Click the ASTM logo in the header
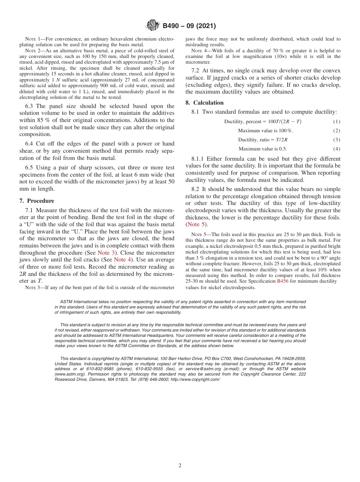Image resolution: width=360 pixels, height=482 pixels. [153, 26]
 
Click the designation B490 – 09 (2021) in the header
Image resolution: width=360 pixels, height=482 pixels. [189, 26]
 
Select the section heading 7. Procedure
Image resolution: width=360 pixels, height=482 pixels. [37, 201]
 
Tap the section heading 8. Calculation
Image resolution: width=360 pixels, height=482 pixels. [205, 103]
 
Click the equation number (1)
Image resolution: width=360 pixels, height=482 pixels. [337, 122]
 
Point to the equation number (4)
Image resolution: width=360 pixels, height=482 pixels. [337, 149]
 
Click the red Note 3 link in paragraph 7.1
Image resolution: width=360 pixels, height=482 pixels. [106, 252]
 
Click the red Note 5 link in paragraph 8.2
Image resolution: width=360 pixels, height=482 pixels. [197, 224]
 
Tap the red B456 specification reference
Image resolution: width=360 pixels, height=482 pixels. [283, 281]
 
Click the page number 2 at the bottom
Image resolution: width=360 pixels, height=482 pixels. [180, 466]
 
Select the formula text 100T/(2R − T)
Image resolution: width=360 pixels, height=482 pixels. [281, 122]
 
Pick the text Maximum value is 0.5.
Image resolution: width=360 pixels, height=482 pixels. [263, 149]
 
